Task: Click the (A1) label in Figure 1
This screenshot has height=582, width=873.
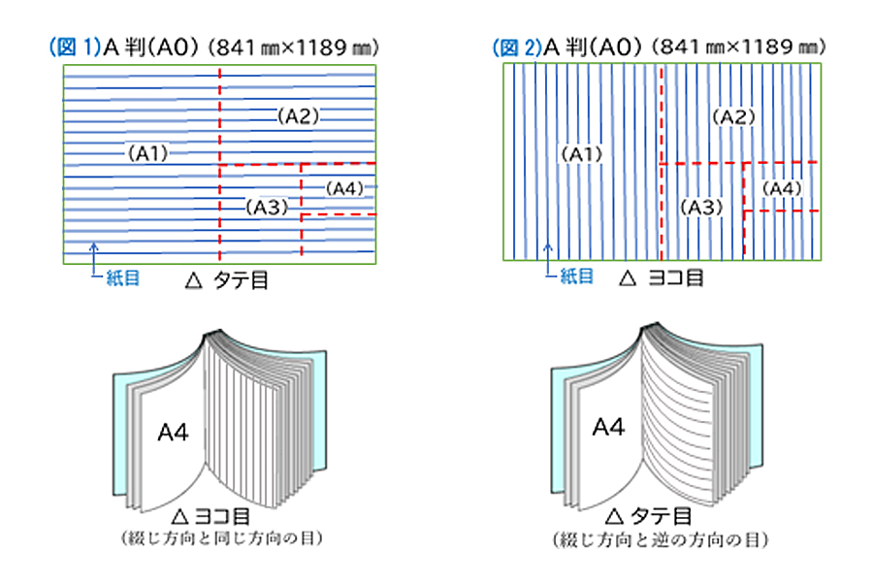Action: pos(148,152)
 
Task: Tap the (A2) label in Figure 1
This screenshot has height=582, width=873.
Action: pos(299,116)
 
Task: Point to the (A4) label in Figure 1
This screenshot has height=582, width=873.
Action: pos(344,186)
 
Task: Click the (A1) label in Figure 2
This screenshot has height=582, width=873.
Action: pos(583,153)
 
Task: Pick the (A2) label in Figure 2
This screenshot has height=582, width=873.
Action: pos(733,116)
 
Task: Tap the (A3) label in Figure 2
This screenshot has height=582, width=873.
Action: pos(700,207)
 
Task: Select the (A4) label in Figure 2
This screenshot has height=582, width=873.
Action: pos(782,187)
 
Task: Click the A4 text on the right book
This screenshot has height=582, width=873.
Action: pos(608,425)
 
